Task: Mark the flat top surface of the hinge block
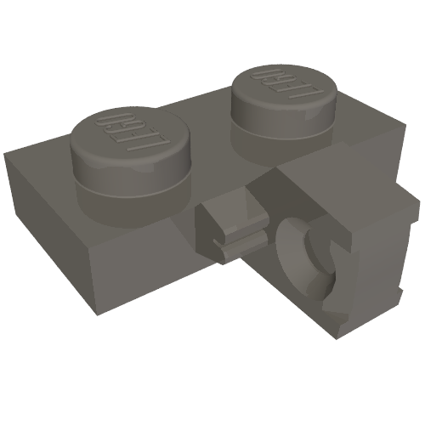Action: pyautogui.click(x=340, y=183)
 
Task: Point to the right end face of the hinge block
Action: pyautogui.click(x=408, y=246)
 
